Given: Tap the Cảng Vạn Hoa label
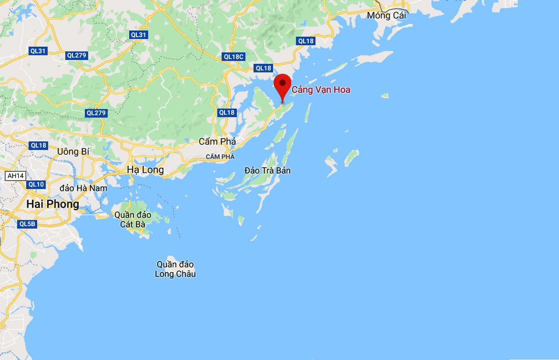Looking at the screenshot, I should tap(321, 90).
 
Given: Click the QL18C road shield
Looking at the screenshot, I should tap(234, 57).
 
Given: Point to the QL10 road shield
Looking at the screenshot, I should tap(36, 184).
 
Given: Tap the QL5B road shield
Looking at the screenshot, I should tap(27, 224).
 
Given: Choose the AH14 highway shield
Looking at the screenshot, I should tap(15, 176).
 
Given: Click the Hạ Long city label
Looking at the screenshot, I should tap(145, 170).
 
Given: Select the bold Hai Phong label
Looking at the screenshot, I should tap(52, 204).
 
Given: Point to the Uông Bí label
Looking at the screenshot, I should tap(72, 151).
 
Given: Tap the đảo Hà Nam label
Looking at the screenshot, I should tap(84, 188).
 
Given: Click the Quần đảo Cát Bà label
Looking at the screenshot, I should tap(133, 219).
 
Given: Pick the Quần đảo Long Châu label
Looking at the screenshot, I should tap(175, 269).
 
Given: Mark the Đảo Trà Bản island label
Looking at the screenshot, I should tap(267, 170).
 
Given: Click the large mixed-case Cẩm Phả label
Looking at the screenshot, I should tap(217, 141).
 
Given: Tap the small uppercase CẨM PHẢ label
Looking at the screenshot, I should tap(220, 157).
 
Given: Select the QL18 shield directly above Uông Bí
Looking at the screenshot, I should tap(38, 145).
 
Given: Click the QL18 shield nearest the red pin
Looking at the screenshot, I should tap(263, 68).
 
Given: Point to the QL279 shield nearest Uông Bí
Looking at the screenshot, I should tap(96, 113).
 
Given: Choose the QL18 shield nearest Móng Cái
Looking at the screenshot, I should tap(305, 41).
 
